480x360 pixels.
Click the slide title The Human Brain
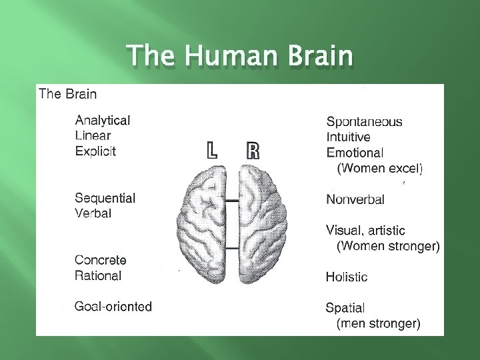coord(239,56)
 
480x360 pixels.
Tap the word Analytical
coord(103,120)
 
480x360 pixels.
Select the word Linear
coord(93,135)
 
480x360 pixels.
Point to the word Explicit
coord(95,151)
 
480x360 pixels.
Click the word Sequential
coord(105,198)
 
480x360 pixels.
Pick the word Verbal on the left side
coord(93,213)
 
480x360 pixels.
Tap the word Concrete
coord(101,260)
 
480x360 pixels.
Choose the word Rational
coord(98,275)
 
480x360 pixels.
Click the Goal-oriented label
coord(113,307)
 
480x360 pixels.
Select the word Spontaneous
coord(364,121)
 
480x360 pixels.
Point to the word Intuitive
coord(353,137)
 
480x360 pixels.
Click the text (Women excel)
coord(381,168)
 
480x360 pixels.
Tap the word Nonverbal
coord(355,199)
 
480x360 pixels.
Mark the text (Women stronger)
coord(388,246)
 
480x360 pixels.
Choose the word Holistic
coord(346,276)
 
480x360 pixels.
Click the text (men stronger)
coord(379,324)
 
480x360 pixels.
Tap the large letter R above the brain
coord(253,150)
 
